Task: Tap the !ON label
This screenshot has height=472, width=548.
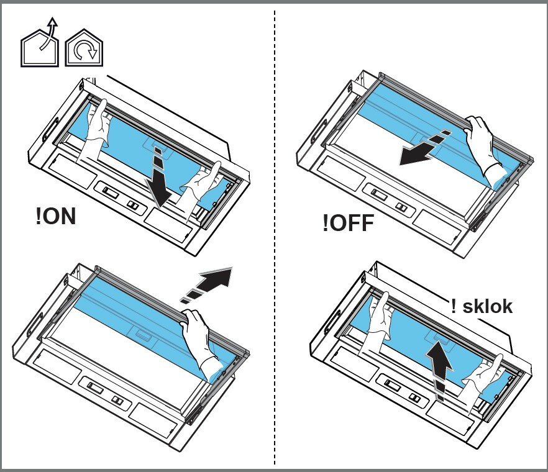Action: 56,217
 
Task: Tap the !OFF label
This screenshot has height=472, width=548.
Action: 349,222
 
